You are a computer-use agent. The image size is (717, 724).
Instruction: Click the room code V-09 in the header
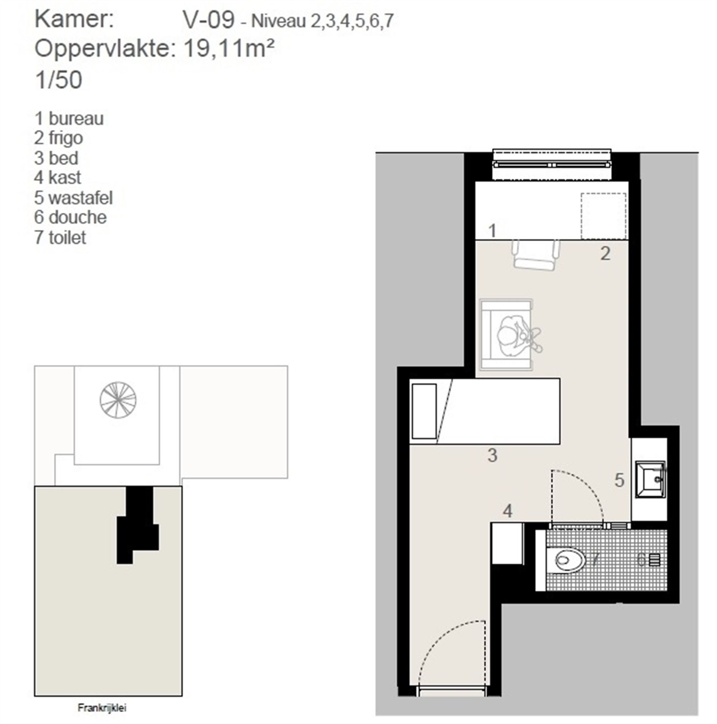pos(209,19)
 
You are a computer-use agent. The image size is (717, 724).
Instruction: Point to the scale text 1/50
pos(58,80)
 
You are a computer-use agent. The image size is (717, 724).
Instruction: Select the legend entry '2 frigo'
pos(58,138)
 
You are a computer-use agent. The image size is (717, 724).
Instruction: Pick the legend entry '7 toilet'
pos(60,237)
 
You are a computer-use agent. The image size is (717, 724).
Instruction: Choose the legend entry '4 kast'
pos(57,177)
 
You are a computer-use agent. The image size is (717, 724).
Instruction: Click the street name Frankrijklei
pos(102,708)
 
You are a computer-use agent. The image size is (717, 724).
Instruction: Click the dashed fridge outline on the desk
pos(603,216)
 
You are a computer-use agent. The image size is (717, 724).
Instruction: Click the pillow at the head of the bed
pos(424,411)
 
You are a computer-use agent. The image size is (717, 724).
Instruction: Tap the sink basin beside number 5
pos(650,479)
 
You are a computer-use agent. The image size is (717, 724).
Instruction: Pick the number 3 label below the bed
pos(492,455)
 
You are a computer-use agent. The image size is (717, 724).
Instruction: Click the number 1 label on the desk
pos(492,230)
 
